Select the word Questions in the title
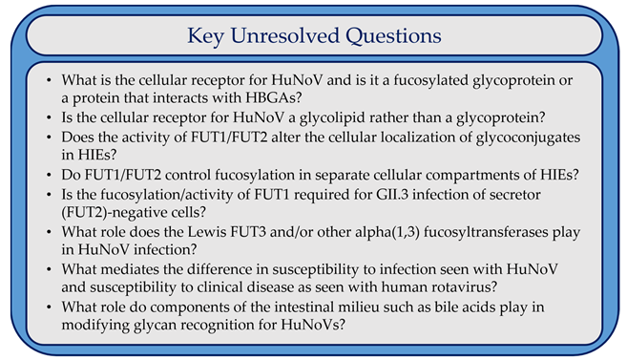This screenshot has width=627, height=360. (x=393, y=36)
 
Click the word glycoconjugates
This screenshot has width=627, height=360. (x=529, y=138)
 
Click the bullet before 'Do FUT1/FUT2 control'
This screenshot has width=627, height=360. (x=49, y=175)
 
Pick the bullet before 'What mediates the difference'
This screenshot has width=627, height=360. (x=49, y=269)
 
